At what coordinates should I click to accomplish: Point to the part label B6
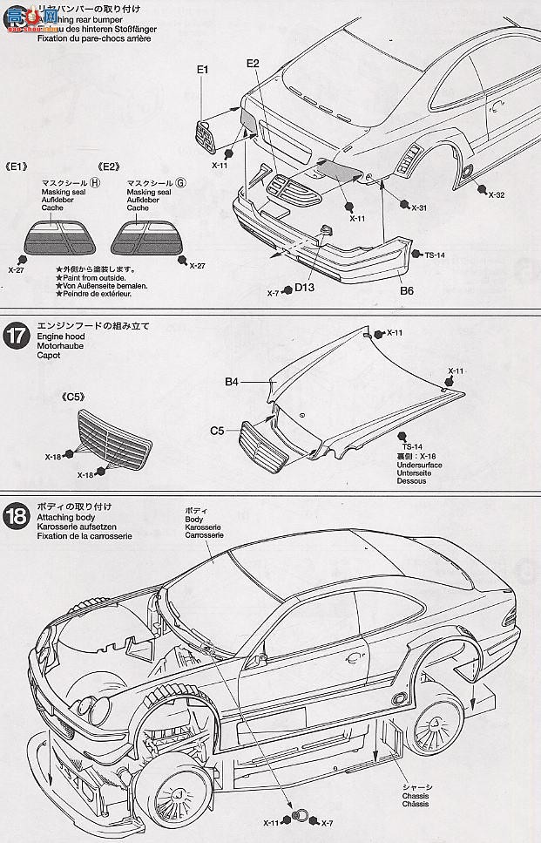pos(407,291)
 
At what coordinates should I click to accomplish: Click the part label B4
pos(232,381)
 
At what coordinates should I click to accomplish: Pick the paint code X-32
pos(495,194)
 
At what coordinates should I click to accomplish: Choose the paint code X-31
pos(419,207)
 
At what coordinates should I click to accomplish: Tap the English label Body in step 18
pos(193,519)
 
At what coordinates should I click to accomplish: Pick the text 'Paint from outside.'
pos(95,277)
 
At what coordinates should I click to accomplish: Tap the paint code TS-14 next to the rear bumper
pos(435,255)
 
